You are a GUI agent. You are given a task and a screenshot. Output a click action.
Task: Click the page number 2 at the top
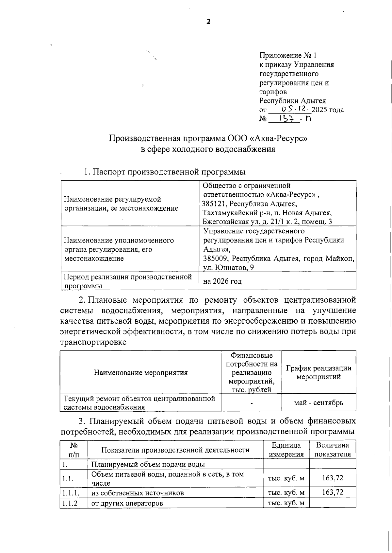[x=208, y=22]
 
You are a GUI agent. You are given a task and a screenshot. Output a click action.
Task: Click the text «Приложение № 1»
[x=288, y=56]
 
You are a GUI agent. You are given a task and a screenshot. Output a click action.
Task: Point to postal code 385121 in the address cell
[x=214, y=204]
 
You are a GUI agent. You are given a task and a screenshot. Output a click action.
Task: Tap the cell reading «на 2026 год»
[x=222, y=281]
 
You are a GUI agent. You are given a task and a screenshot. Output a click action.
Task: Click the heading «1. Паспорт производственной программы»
[x=165, y=172]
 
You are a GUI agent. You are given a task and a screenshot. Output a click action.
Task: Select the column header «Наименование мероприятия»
[x=141, y=372]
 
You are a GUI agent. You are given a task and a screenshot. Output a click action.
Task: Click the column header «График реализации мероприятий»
[x=318, y=372]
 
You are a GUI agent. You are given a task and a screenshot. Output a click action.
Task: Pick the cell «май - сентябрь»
[x=318, y=403]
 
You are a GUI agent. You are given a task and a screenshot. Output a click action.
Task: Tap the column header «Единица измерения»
[x=286, y=450]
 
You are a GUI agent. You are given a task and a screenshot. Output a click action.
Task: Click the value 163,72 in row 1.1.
[x=333, y=478]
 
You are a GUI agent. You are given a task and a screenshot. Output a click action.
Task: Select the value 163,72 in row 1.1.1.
[x=333, y=492]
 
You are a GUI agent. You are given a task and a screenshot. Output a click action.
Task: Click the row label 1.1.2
[x=70, y=503]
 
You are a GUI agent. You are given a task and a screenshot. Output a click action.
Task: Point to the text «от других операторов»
[x=127, y=503]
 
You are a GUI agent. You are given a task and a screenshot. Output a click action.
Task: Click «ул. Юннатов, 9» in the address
[x=228, y=268]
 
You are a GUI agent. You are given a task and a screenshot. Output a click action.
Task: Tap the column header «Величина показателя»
[x=333, y=450]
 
